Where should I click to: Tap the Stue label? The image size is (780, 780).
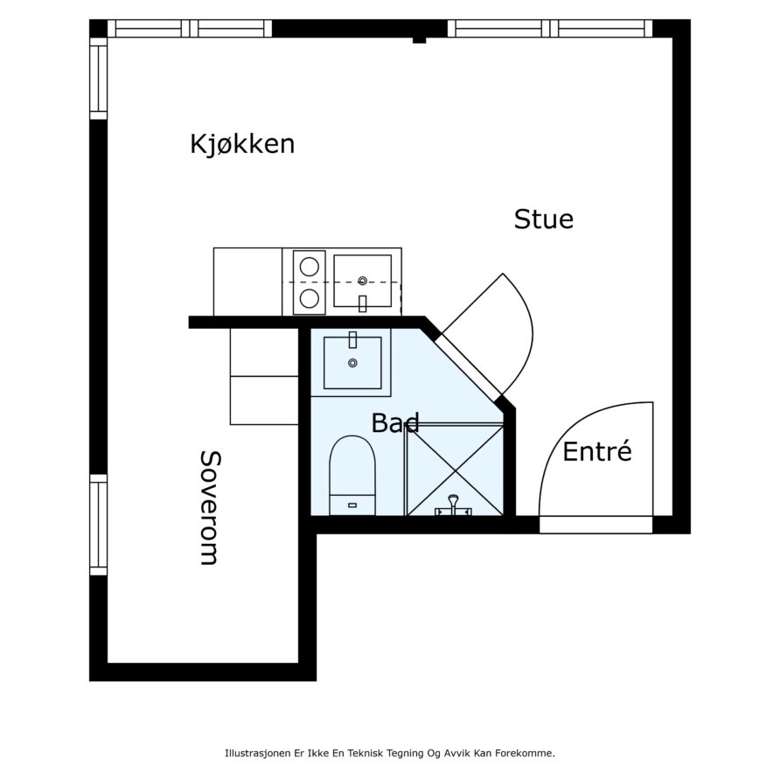pos(543,219)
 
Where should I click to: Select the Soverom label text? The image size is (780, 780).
pos(209,508)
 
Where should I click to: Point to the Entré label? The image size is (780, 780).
pos(597,450)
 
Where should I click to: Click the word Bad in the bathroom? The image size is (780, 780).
pos(395,422)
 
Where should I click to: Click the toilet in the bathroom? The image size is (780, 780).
pos(352,476)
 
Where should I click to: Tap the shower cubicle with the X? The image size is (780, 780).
pos(455,470)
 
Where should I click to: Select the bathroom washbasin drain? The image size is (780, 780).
pos(352,363)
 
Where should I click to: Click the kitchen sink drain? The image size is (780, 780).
pos(363,281)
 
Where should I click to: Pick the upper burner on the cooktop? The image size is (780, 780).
pos(310,267)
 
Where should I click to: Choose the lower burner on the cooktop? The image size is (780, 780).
pos(310,298)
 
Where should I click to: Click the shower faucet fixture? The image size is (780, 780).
pos(453,506)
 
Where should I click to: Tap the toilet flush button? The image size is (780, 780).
pos(352,505)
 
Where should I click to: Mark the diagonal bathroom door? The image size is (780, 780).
pos(468,367)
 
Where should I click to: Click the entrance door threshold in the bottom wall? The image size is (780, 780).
pos(596,525)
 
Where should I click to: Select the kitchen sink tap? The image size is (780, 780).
pos(363,303)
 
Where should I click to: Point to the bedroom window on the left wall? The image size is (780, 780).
pos(99,525)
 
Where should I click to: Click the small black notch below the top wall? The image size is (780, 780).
pos(420,40)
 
